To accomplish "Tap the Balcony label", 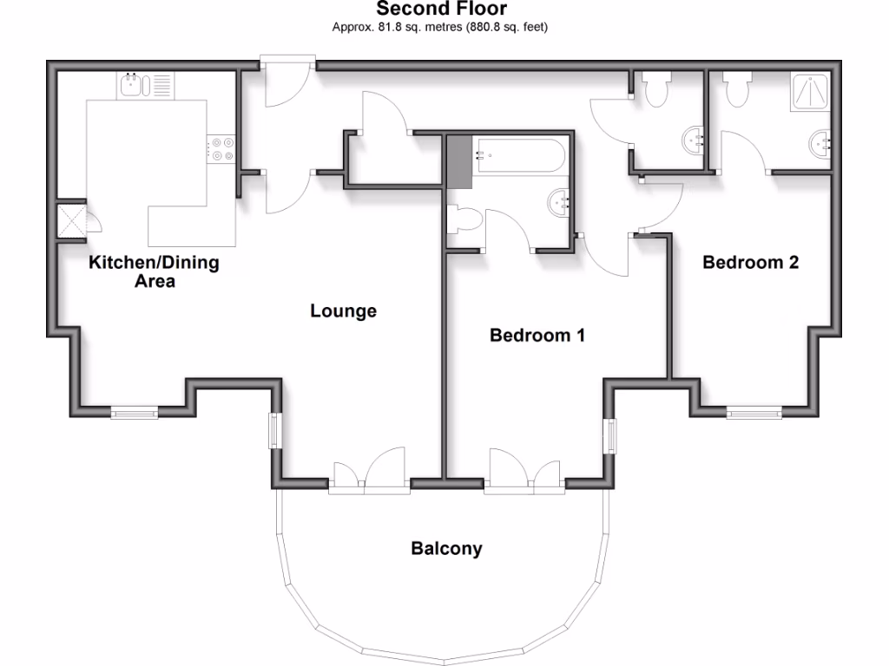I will (446, 549).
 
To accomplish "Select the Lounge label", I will (344, 310).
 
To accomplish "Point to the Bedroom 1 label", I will (537, 335).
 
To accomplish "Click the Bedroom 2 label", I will (750, 262).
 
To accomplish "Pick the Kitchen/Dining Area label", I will (155, 271).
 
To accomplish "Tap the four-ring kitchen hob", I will (221, 148).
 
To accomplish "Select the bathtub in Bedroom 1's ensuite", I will (519, 155).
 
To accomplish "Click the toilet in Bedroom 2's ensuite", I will (739, 88).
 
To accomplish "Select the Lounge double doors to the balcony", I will (370, 473).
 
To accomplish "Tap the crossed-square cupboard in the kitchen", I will (71, 221).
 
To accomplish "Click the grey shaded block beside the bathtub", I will (458, 161).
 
